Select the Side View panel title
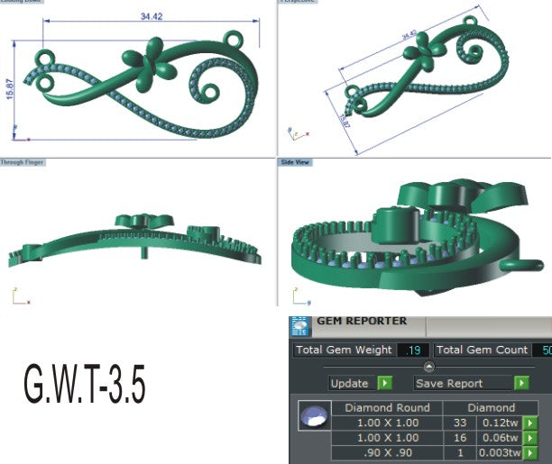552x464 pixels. (x=296, y=162)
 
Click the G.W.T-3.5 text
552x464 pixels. (x=83, y=387)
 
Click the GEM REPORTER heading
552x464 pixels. (x=361, y=321)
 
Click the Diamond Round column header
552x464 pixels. (x=382, y=407)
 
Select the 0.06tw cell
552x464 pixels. (x=499, y=438)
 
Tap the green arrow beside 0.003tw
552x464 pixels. (x=530, y=453)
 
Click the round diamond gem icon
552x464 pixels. (x=312, y=416)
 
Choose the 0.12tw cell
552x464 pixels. (x=499, y=423)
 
